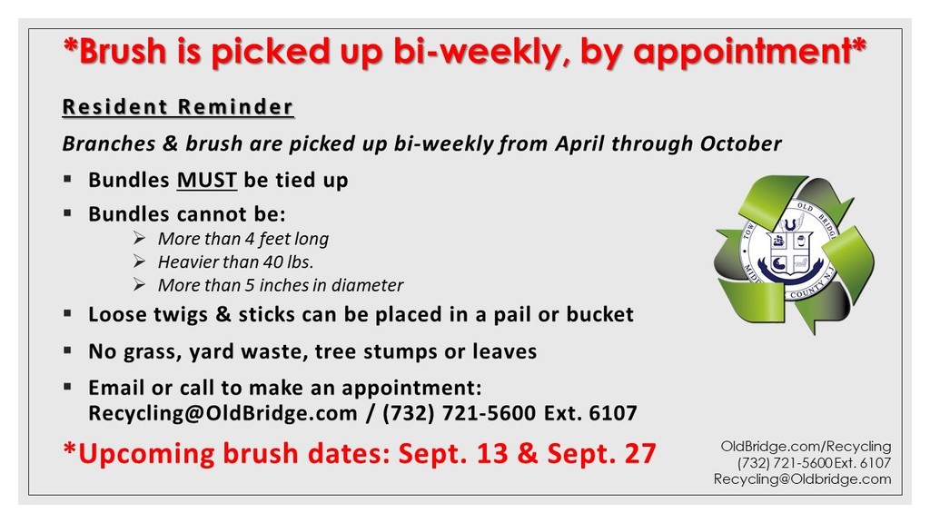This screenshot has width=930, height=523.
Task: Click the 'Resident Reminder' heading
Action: (x=178, y=107)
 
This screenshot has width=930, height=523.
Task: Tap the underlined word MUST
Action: (x=207, y=181)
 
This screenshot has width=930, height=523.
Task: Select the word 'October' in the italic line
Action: (x=741, y=143)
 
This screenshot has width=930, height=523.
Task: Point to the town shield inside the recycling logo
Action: (x=789, y=252)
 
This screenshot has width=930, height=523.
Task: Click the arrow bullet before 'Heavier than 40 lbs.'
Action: (x=139, y=261)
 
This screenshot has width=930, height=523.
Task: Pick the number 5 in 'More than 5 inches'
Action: (x=250, y=285)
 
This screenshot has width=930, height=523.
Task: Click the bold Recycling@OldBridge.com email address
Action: (x=223, y=413)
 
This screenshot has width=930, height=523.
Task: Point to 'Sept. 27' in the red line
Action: (x=602, y=453)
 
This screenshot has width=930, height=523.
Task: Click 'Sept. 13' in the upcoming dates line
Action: (x=453, y=453)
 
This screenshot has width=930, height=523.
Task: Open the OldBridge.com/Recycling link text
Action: (x=806, y=446)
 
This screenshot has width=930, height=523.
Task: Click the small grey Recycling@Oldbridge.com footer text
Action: (x=803, y=479)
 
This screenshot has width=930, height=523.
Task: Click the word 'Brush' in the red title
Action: (x=123, y=51)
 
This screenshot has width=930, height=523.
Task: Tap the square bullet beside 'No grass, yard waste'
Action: (x=67, y=351)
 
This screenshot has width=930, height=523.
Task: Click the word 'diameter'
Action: (x=368, y=285)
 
